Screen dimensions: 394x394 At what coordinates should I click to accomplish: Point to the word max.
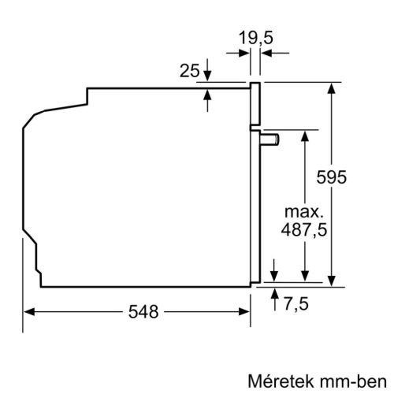[x=304, y=213]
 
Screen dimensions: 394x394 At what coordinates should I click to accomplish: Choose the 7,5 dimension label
[x=297, y=303]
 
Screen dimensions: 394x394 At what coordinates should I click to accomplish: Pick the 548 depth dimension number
[x=139, y=311]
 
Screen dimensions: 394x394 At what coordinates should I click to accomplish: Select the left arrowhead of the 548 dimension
[x=26, y=311]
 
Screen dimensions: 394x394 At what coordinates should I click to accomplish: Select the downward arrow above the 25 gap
[x=208, y=76]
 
